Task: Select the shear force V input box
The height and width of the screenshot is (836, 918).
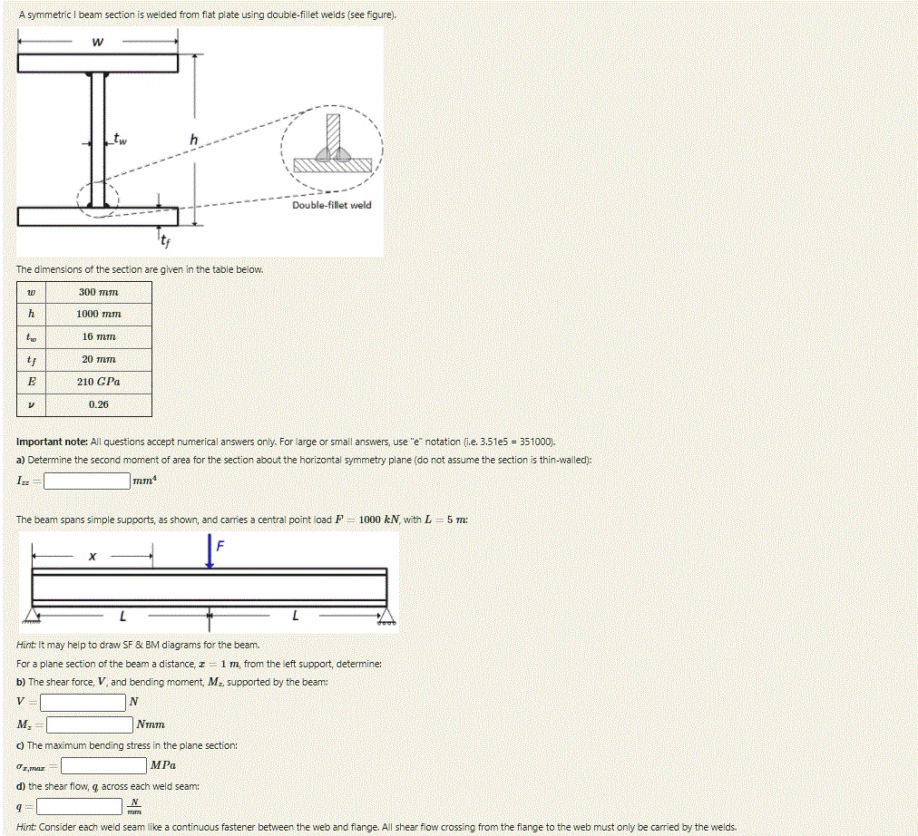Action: coord(82,702)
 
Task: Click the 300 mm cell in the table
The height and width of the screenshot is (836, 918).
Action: coord(98,293)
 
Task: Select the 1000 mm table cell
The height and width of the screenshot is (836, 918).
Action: coord(98,315)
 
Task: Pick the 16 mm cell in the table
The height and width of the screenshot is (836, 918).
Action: coord(98,337)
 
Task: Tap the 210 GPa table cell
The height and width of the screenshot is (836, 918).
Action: coord(98,383)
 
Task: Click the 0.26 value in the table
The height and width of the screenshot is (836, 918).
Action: coord(98,404)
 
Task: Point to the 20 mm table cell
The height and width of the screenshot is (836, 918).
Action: coord(98,360)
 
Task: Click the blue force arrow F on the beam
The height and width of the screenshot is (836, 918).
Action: coord(210,552)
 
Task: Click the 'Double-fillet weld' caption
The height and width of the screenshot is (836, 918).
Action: coord(331,205)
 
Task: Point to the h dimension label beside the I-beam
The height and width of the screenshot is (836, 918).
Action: coord(193,139)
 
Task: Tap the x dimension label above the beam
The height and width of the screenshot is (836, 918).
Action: coord(92,556)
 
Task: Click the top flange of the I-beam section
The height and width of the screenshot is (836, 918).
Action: coord(97,63)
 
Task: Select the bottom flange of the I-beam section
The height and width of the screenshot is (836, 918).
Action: coord(97,217)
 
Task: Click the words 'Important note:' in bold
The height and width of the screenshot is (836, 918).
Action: coord(50,442)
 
